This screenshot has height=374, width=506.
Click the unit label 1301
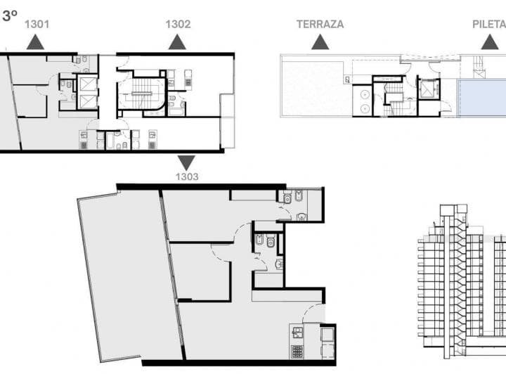pyautogui.click(x=37, y=24)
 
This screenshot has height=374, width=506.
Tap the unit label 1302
pyautogui.click(x=178, y=24)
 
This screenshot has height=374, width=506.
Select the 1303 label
pyautogui.click(x=187, y=177)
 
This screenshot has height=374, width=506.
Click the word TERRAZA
pyautogui.click(x=320, y=25)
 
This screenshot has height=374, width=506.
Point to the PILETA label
pyautogui.click(x=489, y=25)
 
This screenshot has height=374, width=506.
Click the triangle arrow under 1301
pyautogui.click(x=35, y=42)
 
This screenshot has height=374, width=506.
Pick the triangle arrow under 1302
pyautogui.click(x=177, y=42)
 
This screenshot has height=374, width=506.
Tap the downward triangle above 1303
pyautogui.click(x=186, y=162)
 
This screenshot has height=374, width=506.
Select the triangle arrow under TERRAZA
pyautogui.click(x=320, y=42)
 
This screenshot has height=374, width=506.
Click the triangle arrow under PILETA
pyautogui.click(x=490, y=42)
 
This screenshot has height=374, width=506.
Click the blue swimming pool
pyautogui.click(x=482, y=97)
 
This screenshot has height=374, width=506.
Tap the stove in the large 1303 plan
pyautogui.click(x=297, y=351)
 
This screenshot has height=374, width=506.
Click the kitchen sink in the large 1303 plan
pyautogui.click(x=297, y=333)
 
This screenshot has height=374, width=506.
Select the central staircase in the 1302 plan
pyautogui.click(x=142, y=93)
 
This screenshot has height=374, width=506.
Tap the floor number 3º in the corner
pyautogui.click(x=10, y=15)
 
